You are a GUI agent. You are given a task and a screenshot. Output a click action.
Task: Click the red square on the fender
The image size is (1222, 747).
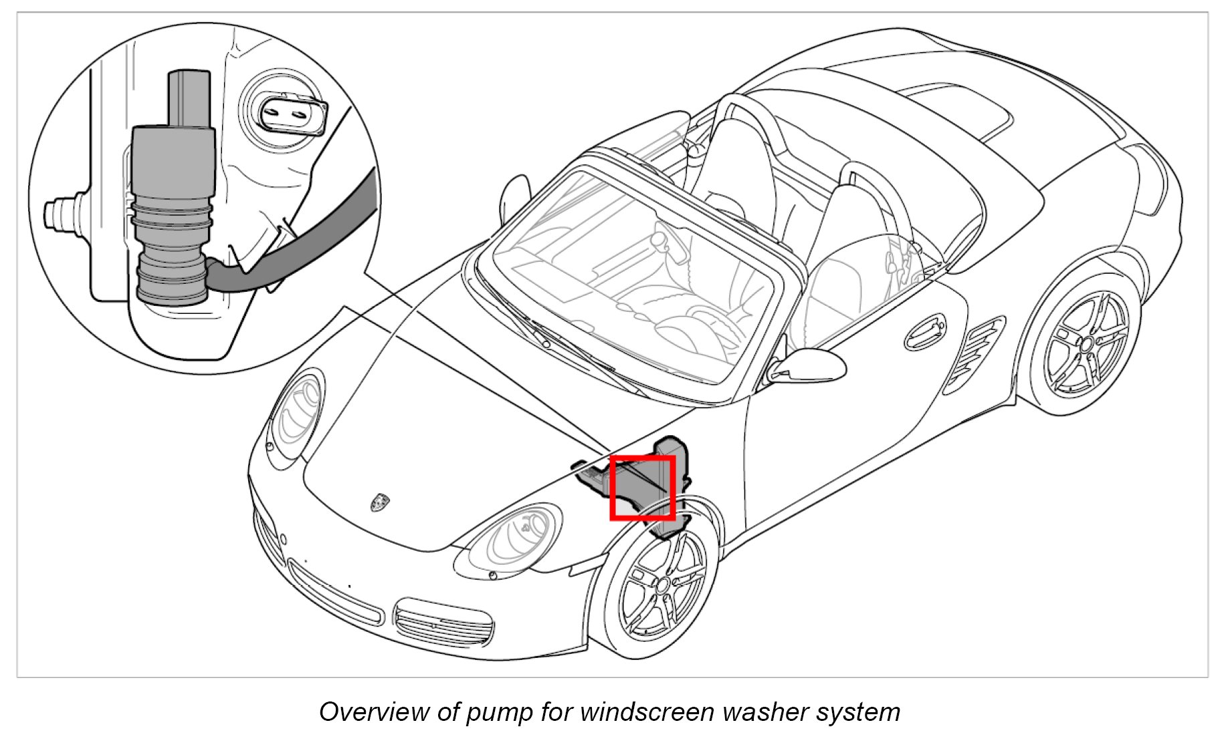click(642, 488)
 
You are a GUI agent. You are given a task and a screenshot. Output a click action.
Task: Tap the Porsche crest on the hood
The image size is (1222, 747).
click(380, 502)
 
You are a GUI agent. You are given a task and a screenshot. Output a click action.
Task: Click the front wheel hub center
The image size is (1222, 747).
click(662, 586)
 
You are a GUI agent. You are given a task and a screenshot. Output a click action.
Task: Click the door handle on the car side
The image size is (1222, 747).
click(926, 331)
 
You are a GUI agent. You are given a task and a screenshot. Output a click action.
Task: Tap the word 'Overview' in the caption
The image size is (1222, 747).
click(374, 712)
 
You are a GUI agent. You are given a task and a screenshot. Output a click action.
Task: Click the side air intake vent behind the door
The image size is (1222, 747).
click(977, 355)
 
